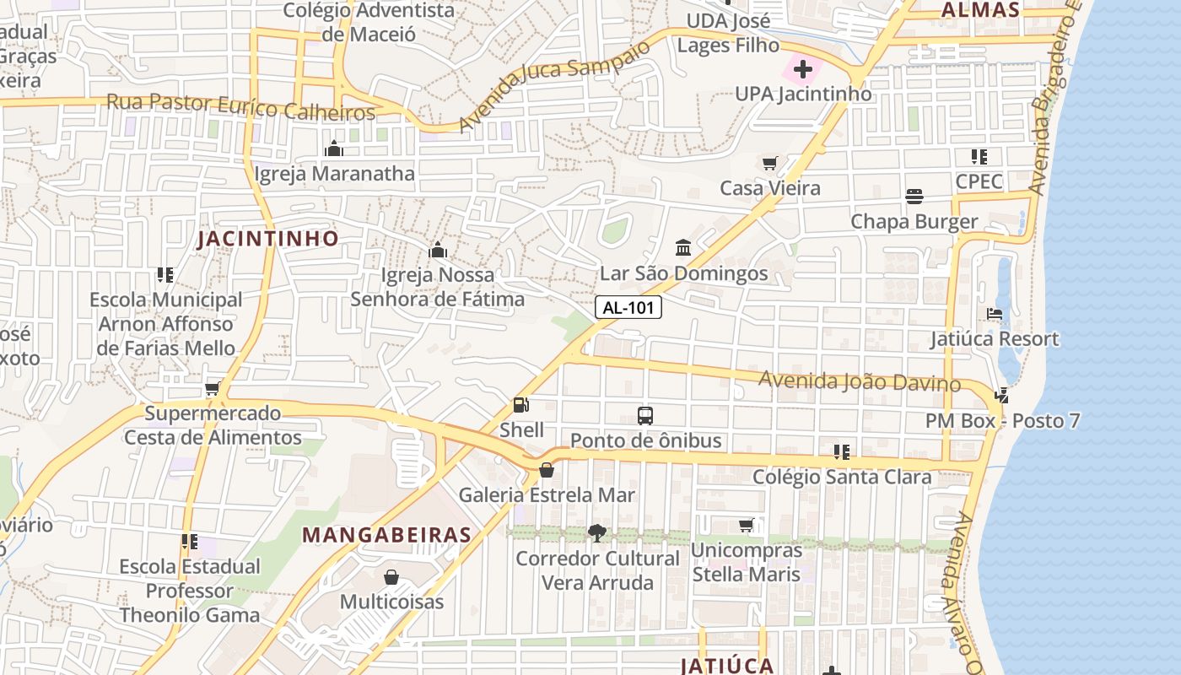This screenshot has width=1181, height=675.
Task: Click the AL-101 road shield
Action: (628, 308)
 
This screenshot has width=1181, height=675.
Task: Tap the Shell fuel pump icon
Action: (521, 406)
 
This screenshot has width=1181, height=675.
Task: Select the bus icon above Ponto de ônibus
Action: (645, 415)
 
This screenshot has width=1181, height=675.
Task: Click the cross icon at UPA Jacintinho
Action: (802, 69)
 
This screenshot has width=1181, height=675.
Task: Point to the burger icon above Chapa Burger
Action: (914, 197)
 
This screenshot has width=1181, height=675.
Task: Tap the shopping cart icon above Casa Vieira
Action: (769, 163)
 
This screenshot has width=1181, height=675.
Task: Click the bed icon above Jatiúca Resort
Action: (994, 314)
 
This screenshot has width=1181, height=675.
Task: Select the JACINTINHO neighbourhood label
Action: (267, 239)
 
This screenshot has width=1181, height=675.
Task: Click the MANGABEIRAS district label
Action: (386, 535)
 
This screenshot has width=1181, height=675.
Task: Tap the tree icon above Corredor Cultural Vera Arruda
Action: (597, 532)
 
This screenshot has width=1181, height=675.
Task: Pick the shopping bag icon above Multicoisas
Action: (391, 577)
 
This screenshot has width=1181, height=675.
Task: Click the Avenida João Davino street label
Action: (859, 381)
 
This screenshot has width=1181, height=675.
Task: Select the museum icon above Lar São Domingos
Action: (683, 248)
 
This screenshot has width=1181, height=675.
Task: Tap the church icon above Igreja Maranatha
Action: (334, 149)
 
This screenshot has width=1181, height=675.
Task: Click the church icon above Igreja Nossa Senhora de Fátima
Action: (437, 250)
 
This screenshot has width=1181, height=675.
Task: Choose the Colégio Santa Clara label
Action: (842, 477)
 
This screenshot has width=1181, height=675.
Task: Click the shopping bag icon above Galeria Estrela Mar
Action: (547, 470)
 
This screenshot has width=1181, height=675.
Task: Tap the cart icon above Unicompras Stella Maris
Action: (746, 526)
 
